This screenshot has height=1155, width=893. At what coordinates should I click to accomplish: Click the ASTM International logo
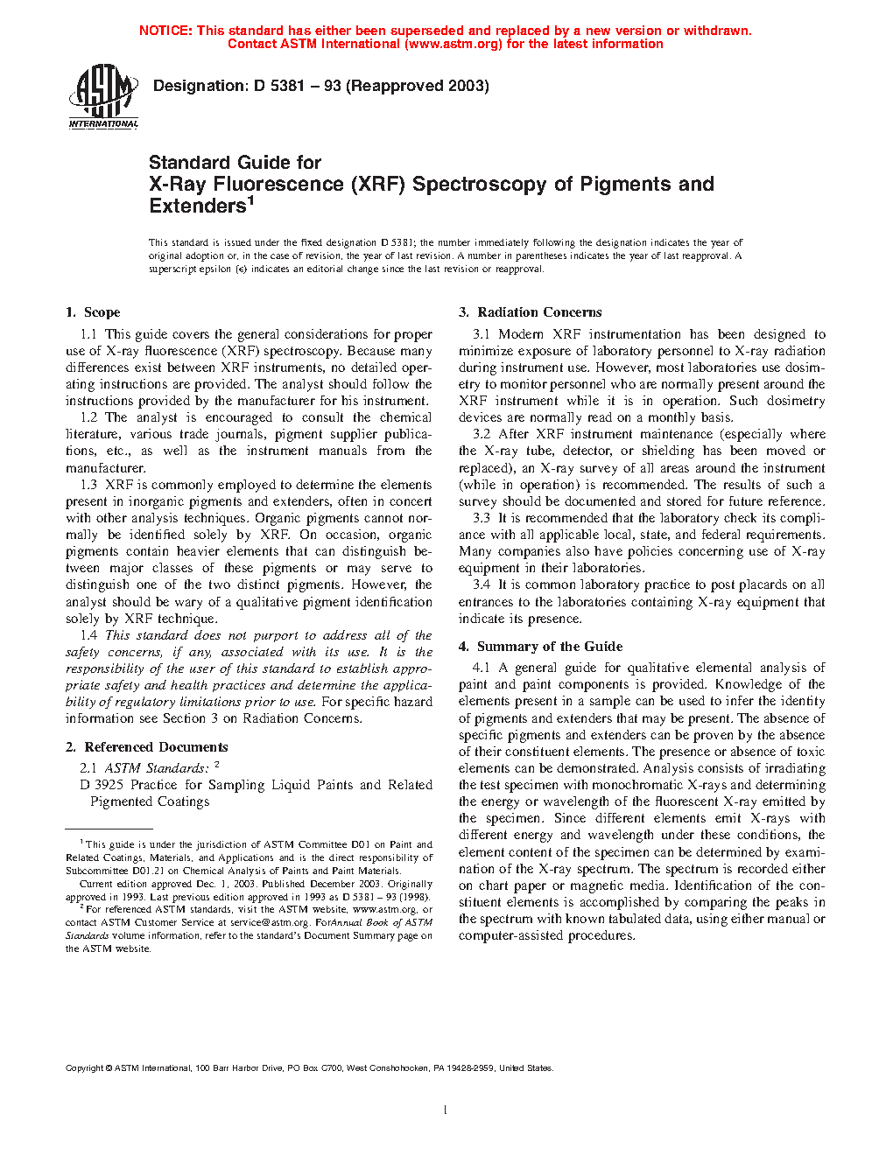pos(103,96)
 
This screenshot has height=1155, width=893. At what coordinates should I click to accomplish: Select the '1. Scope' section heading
pos(93,312)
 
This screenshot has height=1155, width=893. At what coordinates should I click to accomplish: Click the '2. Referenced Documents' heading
pos(147,747)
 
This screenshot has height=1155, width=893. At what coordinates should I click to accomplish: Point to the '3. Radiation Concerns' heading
pos(531,312)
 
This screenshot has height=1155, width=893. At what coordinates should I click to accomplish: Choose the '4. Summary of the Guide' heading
pos(541,647)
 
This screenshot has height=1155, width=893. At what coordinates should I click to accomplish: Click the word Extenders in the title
pos(198,206)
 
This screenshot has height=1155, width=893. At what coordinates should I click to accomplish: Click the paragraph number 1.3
pos(88,485)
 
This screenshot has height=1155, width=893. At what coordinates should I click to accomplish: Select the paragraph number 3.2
pos(482,434)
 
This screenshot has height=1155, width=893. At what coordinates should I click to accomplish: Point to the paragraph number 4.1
pos(482,668)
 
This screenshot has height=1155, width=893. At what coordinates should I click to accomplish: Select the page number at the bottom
pos(446,1110)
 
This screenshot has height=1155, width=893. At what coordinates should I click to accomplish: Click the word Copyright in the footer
pos(85,1068)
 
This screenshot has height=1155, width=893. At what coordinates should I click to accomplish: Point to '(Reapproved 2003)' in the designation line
pos(418,86)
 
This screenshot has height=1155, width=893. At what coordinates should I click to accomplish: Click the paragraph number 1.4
pos(88,635)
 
